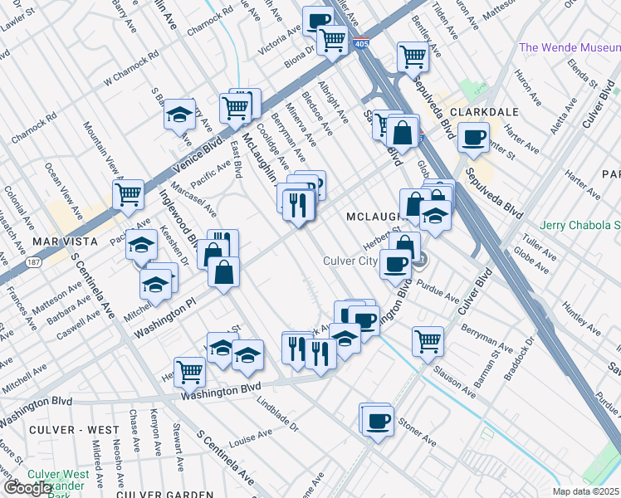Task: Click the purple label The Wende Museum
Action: tap(570, 47)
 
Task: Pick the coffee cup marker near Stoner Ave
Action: tap(378, 421)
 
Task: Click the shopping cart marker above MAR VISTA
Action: tap(129, 194)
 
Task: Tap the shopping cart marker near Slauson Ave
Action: tap(428, 339)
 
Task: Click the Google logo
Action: tap(27, 488)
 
